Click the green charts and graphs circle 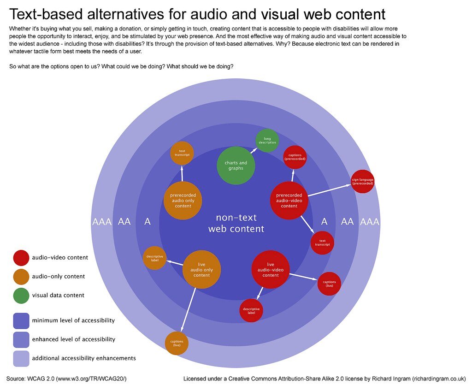pos(236,166)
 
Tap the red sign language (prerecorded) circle pos(362,182)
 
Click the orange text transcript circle pos(182,153)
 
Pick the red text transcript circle pos(322,243)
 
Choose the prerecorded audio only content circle pos(183,201)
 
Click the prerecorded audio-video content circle pos(289,201)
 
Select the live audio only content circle pos(201,270)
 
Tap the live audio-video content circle pos(271,269)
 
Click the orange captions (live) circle pos(177,343)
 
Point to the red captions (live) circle pos(329,284)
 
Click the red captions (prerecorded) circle pos(295,157)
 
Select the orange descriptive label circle pos(154,258)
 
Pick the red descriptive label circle pos(251,310)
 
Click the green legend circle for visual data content pos(21,296)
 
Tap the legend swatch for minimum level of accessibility pos(21,320)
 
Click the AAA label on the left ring pos(102,222)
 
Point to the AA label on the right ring pos(347,222)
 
